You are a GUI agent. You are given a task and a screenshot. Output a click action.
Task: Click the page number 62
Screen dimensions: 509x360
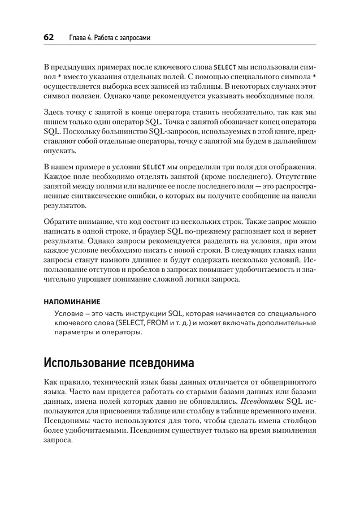(48, 37)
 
